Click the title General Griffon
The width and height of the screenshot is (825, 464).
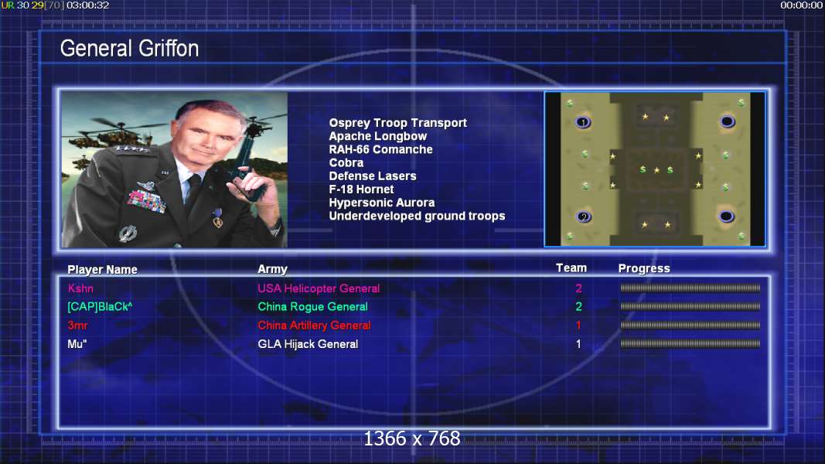[x=129, y=49]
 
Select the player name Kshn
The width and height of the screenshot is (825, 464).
[x=80, y=288]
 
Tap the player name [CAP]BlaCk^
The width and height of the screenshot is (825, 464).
[x=100, y=307]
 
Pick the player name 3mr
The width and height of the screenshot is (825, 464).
[x=77, y=325]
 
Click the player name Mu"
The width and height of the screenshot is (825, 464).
[x=77, y=344]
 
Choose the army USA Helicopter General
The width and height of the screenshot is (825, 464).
[x=319, y=288]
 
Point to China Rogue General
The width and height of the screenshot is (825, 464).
[x=312, y=307]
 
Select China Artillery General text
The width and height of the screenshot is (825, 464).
[x=314, y=325]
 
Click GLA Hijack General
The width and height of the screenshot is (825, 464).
[x=308, y=344]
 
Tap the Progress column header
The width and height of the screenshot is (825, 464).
[x=644, y=268]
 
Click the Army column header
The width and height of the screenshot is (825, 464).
[x=272, y=269]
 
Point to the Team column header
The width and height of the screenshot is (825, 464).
[x=571, y=268]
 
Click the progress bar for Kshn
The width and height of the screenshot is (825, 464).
[x=690, y=288]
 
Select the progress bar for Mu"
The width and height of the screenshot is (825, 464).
[x=690, y=343]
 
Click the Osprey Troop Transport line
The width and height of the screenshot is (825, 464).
[x=397, y=123]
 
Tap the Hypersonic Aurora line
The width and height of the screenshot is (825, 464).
[x=381, y=203]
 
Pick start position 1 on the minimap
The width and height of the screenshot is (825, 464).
[x=583, y=122]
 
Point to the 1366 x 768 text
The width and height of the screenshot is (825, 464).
[x=412, y=438]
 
